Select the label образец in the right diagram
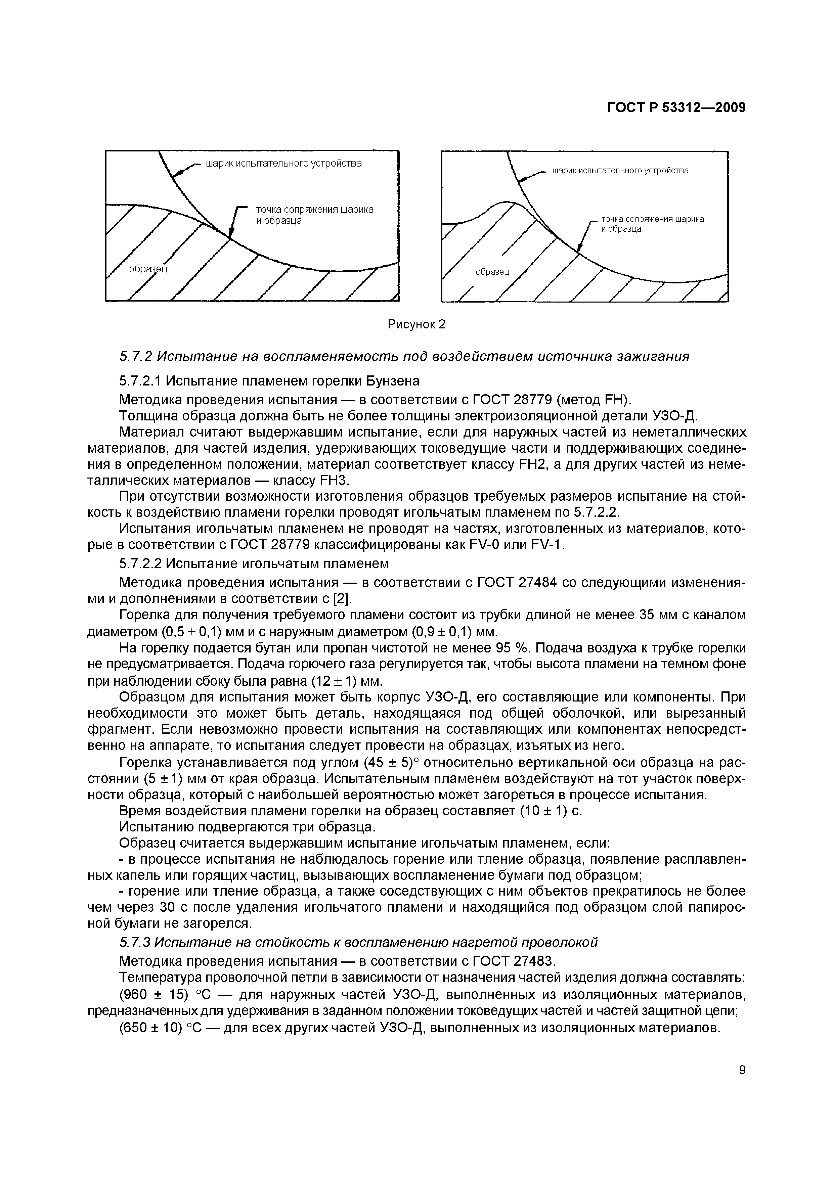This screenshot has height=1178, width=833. pos(492,272)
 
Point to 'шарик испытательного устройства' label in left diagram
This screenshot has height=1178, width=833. pos(283,163)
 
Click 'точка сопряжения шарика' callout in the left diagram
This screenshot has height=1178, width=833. pos(314,210)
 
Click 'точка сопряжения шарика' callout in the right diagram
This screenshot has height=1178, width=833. pos(652,219)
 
